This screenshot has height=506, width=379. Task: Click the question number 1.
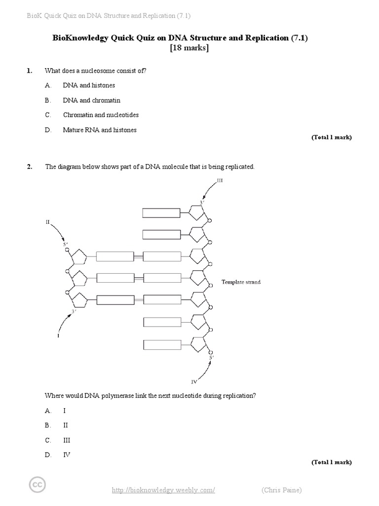click(x=30, y=71)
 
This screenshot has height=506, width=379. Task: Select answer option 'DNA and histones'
click(x=89, y=85)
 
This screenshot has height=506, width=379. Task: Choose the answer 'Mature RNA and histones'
click(x=100, y=130)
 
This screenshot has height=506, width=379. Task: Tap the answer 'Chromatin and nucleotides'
click(x=101, y=115)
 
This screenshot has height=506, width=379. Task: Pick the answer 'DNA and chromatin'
click(x=91, y=100)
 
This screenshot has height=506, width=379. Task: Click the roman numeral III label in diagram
click(x=220, y=181)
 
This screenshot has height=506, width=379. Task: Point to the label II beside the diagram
click(x=48, y=222)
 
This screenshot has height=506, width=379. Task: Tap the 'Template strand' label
click(x=241, y=282)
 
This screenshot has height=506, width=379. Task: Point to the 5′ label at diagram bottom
click(x=211, y=357)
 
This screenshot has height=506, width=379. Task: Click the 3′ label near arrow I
click(x=74, y=311)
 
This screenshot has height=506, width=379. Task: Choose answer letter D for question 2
click(x=48, y=455)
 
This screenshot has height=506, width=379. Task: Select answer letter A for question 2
click(x=48, y=411)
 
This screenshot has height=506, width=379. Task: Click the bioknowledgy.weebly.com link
click(x=163, y=490)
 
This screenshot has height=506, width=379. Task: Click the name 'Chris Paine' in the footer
click(x=281, y=490)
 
